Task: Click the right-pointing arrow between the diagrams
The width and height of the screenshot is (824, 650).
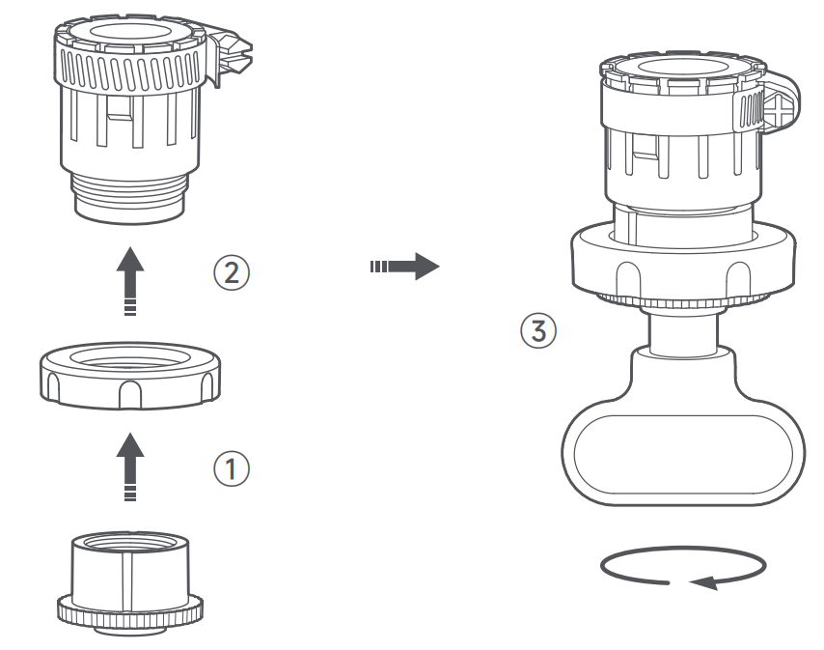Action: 404,267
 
